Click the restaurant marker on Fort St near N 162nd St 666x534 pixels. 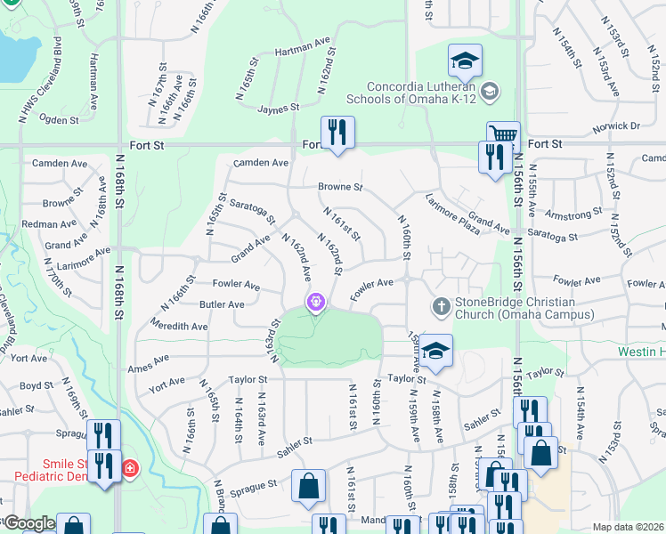337,133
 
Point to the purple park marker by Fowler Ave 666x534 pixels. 315,303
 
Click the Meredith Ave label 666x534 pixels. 181,327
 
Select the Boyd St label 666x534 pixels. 37,385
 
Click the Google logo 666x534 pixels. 28,523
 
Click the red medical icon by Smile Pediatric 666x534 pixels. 131,467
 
